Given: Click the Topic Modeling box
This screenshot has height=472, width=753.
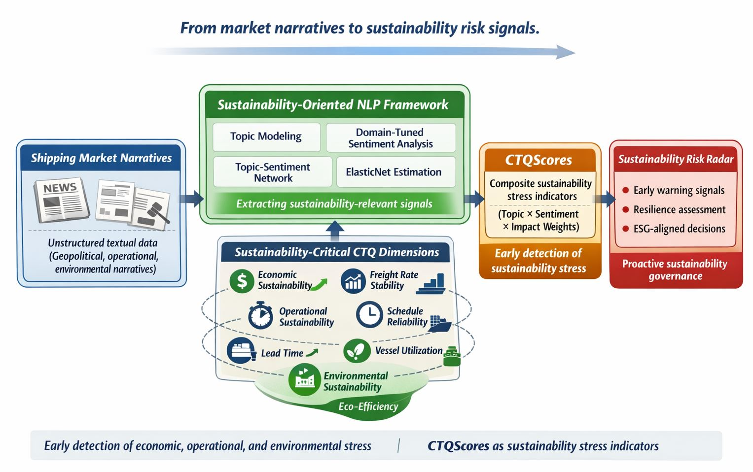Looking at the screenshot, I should [266, 136].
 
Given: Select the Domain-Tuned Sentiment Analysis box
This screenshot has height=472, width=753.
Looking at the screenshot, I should [391, 137].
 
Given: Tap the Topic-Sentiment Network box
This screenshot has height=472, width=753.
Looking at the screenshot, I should [273, 172].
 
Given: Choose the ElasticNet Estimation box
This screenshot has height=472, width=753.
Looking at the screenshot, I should [394, 172].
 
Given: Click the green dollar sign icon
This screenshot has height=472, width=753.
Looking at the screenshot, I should [242, 281].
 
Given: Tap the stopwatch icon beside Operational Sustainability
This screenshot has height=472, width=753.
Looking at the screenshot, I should [260, 316].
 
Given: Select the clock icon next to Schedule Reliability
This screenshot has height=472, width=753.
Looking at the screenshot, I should [369, 314].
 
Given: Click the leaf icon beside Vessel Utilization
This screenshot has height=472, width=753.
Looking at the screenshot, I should [356, 351].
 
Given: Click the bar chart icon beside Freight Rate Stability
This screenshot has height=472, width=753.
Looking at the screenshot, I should [353, 281].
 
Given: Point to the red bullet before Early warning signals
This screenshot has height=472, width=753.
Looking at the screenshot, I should [625, 190].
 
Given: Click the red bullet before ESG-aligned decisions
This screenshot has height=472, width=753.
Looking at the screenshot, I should [625, 229].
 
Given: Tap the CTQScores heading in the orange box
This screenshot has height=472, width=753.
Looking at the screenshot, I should [538, 160].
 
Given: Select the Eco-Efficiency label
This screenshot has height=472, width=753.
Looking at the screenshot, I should [368, 406].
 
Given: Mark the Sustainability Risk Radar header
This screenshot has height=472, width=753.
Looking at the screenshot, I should [676, 159].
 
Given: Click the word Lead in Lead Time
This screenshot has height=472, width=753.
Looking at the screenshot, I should [271, 353].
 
